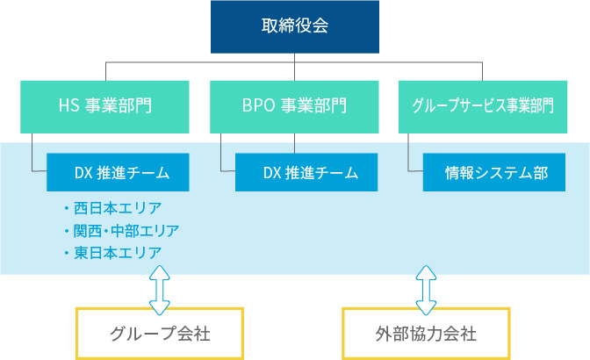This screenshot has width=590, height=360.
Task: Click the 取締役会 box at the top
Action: (x=294, y=25)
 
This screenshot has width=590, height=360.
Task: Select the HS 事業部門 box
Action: (x=105, y=107)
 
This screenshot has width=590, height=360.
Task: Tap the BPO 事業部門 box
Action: (x=294, y=107)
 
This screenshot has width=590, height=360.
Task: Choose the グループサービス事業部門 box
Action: (x=483, y=107)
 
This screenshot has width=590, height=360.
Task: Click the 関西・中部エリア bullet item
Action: (x=126, y=230)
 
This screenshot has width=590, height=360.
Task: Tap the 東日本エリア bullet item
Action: (x=118, y=252)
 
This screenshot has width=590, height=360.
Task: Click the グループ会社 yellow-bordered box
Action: (x=160, y=334)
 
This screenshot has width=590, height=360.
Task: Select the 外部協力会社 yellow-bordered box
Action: (x=426, y=334)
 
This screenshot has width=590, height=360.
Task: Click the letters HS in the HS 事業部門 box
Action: (x=69, y=107)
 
